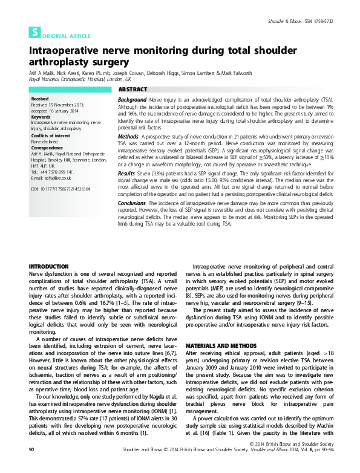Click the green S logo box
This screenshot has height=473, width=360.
35,34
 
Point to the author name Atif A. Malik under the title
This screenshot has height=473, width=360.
44,73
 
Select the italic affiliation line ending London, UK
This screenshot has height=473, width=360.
79,79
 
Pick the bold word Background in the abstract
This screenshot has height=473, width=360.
132,99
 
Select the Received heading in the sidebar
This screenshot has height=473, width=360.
40,98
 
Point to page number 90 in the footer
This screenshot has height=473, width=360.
32,466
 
